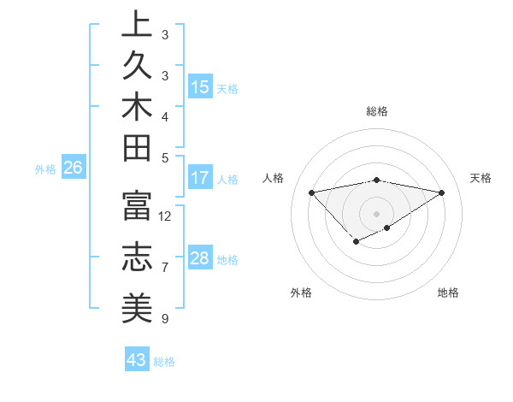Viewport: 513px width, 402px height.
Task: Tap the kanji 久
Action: [136, 66]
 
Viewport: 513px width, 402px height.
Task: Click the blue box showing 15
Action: [200, 86]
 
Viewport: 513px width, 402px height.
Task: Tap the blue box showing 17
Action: [200, 178]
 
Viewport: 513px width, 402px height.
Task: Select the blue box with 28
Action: [200, 258]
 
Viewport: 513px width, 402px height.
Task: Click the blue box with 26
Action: [73, 168]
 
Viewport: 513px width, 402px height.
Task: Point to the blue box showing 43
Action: [137, 360]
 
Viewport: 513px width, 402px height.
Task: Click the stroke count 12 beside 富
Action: [165, 216]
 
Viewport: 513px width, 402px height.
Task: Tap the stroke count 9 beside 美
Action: [164, 319]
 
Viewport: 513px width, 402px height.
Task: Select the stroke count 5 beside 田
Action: [164, 157]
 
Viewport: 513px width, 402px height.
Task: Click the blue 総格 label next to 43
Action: [164, 362]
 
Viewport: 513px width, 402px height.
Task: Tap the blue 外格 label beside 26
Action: [45, 169]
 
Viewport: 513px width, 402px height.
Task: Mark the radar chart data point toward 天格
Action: [442, 192]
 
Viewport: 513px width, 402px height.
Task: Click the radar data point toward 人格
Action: [311, 192]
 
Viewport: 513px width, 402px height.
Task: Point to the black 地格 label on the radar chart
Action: [448, 293]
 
